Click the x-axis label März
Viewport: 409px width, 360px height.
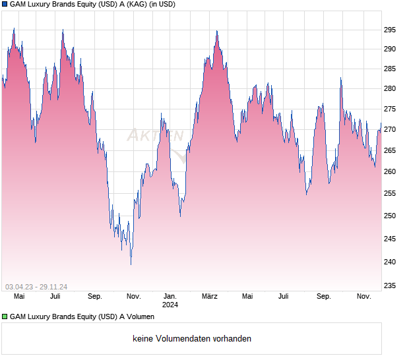(210, 297)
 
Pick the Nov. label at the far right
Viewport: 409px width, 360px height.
(364, 297)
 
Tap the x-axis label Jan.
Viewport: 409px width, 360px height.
(170, 297)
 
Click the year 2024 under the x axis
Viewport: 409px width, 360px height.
(170, 305)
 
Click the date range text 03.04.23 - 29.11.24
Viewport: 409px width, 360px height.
(36, 287)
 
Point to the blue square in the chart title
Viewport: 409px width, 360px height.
(5, 5)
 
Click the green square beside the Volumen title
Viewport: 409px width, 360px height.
(5, 317)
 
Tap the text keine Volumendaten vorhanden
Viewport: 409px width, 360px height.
(192, 339)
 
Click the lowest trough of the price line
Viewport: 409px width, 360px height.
(131, 264)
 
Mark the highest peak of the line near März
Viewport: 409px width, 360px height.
(216, 31)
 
